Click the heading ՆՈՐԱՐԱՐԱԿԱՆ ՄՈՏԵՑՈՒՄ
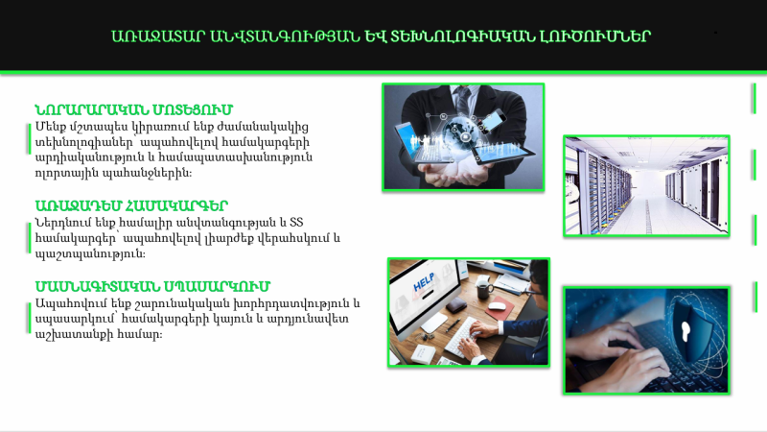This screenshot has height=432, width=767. click(x=133, y=109)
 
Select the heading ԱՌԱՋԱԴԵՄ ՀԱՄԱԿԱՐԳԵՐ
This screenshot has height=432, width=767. click(x=131, y=205)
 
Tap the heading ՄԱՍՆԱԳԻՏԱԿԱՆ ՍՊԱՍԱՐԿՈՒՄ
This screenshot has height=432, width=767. click(x=152, y=286)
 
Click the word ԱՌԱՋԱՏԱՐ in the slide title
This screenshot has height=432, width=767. click(x=157, y=36)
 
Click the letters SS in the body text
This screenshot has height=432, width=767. click(x=296, y=223)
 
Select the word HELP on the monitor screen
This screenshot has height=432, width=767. click(x=425, y=282)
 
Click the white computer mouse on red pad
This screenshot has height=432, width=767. click(x=497, y=306)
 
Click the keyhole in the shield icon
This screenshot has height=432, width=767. click(x=686, y=331)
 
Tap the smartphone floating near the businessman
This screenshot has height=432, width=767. click(x=495, y=121)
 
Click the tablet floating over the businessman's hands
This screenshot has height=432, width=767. click(x=504, y=154)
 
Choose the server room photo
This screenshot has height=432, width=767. click(x=646, y=185)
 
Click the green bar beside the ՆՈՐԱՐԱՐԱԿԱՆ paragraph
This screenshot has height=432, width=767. click(x=29, y=138)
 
